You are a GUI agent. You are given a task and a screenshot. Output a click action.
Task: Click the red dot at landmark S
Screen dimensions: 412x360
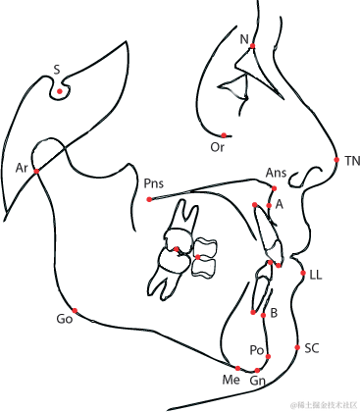pyautogui.click(x=60, y=92)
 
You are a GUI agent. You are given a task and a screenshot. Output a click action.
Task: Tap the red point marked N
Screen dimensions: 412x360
pyautogui.click(x=253, y=46)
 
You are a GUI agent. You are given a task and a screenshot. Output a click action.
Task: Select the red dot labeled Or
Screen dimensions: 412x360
pyautogui.click(x=224, y=134)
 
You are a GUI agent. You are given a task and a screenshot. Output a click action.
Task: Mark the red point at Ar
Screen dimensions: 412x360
pyautogui.click(x=37, y=172)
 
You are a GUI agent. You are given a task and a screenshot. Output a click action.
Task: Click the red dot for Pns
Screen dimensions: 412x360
pyautogui.click(x=149, y=199)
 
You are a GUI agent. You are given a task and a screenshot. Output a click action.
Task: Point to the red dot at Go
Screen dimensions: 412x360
pyautogui.click(x=75, y=311)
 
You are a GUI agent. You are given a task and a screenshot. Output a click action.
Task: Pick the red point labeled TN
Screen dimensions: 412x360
pyautogui.click(x=335, y=159)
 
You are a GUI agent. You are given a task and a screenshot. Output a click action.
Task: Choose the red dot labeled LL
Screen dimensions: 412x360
pyautogui.click(x=303, y=273)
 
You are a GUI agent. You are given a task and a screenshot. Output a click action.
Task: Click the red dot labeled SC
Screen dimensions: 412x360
pyautogui.click(x=297, y=347)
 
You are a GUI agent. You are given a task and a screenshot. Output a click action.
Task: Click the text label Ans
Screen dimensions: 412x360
pyautogui.click(x=276, y=173)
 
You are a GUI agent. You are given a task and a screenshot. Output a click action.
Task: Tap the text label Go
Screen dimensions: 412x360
pyautogui.click(x=65, y=320)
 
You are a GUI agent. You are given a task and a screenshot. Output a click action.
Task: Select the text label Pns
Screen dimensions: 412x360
pyautogui.click(x=153, y=183)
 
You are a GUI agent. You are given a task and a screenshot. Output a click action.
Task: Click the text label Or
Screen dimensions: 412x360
pyautogui.click(x=218, y=147)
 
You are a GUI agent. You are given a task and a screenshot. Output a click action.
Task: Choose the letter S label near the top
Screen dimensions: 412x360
pyautogui.click(x=57, y=70)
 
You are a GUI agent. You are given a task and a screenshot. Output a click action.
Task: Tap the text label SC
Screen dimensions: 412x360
pyautogui.click(x=312, y=348)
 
